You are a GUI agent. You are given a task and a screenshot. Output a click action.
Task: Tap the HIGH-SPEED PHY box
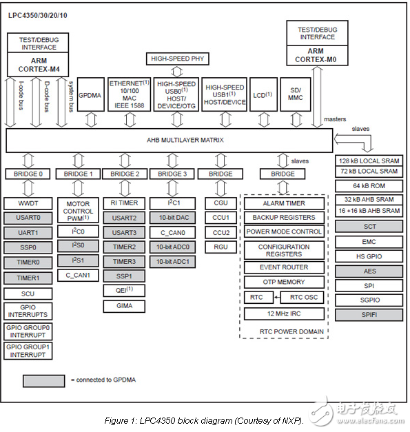178,59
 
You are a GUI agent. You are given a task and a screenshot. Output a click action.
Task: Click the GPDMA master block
90,97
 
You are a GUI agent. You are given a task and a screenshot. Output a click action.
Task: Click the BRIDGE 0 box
27,174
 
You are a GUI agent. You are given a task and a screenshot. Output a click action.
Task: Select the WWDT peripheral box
27,204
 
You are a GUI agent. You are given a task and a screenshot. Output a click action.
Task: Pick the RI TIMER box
124,203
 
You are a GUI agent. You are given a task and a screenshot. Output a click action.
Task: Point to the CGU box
221,203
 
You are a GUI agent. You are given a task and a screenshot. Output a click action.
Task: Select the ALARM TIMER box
283,204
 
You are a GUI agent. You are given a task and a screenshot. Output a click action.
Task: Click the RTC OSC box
304,298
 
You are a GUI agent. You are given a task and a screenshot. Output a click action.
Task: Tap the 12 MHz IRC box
283,314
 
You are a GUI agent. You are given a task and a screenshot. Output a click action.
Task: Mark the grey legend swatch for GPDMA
44,380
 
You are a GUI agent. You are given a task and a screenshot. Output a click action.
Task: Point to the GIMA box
124,305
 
